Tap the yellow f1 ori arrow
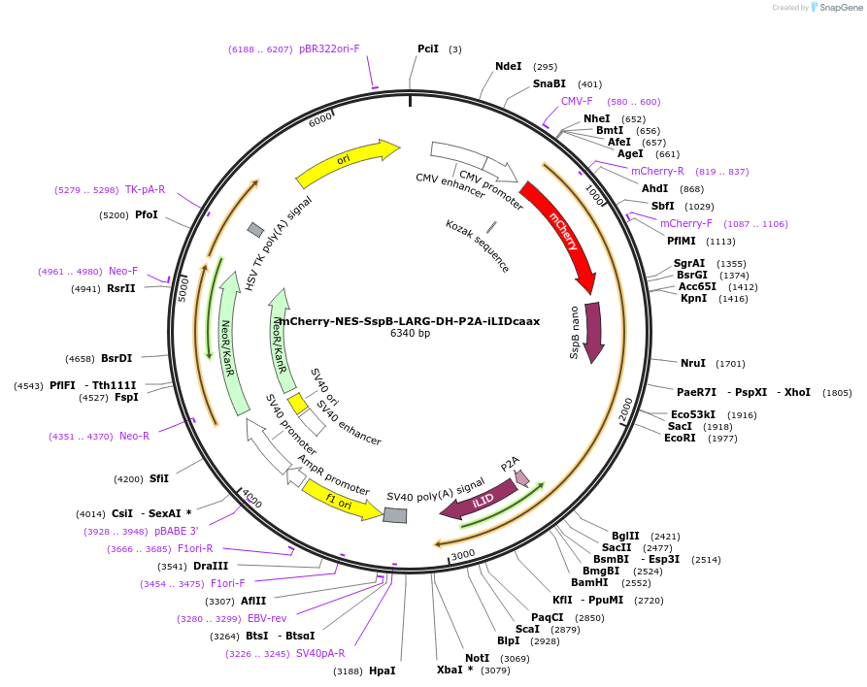(340, 499)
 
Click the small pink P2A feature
(521, 476)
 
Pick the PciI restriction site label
(428, 49)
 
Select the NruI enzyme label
(693, 363)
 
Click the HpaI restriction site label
(383, 671)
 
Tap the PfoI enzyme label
(147, 214)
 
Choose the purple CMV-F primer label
(577, 101)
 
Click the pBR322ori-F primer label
(329, 49)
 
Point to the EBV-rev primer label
(267, 618)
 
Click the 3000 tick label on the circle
(463, 553)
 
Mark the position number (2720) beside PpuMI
(649, 601)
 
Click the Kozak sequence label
(478, 245)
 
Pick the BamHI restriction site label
(589, 582)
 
